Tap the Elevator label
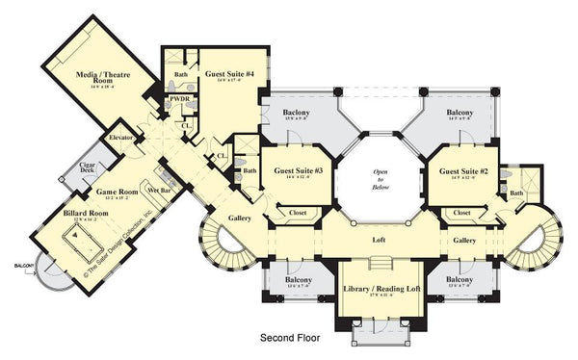[x=120, y=137]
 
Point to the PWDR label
[x=177, y=98]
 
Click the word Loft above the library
[x=380, y=239]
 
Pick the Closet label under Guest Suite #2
[x=461, y=212]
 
